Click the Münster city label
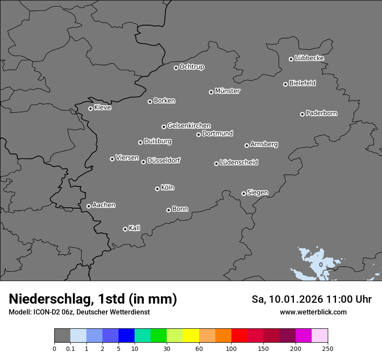227,91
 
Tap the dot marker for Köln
157,189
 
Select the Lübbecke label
309,58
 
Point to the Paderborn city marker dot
302,114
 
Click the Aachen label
104,205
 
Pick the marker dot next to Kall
125,229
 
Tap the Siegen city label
257,193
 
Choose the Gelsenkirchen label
189,126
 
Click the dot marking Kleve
90,108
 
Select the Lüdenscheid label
239,163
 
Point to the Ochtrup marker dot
176,68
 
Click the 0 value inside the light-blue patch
320,265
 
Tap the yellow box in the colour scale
191,336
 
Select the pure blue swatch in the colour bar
126,336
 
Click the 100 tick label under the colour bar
231,348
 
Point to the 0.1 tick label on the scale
70,348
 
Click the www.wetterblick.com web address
313,312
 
